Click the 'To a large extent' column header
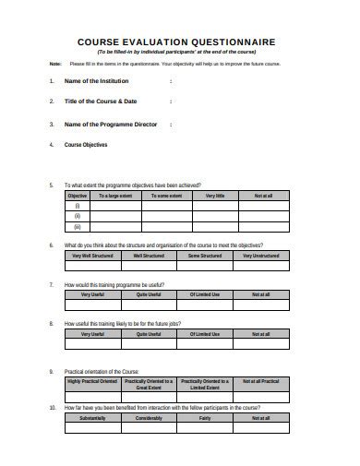coord(115,196)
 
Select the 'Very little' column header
coord(215,196)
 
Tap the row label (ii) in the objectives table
coord(78,216)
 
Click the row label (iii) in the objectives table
coord(78,226)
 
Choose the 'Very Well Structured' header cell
coord(92,255)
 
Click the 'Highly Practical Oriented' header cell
coord(92,381)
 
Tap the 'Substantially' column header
coord(92,418)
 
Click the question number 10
coord(52,406)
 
